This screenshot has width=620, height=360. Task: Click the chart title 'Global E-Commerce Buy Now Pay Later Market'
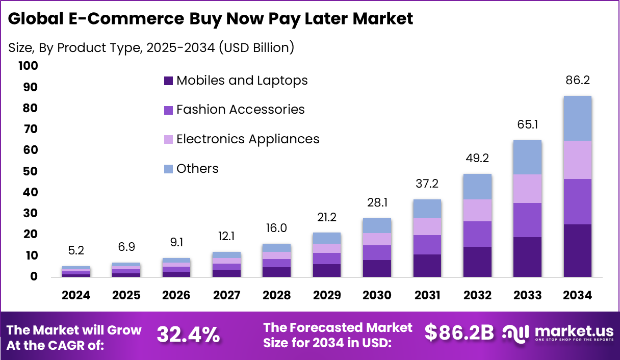[x=211, y=19]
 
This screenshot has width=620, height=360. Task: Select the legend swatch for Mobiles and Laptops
[x=168, y=81]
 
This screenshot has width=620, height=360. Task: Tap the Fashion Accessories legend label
[x=240, y=110]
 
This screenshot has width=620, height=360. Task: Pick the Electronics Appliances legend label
[x=248, y=139]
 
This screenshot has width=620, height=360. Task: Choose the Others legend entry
[x=197, y=169]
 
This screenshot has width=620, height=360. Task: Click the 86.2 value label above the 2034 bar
[x=578, y=81]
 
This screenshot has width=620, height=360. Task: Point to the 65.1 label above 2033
[x=528, y=125]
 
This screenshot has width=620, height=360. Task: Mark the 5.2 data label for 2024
[x=76, y=251]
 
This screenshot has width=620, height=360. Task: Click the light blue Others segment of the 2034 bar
[x=578, y=118]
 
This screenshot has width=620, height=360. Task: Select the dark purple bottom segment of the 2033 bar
[x=528, y=257]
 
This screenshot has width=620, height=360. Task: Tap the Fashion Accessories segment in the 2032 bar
[x=478, y=234]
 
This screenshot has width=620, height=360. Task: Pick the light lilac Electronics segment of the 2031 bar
[x=427, y=226]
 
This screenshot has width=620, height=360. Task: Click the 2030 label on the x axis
[x=377, y=296]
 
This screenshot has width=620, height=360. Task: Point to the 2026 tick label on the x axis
[x=176, y=296]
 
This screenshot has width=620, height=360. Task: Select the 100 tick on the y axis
[x=28, y=66]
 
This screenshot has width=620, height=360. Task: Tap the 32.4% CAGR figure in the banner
[x=188, y=335]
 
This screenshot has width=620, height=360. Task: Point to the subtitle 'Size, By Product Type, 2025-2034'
[x=151, y=47]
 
